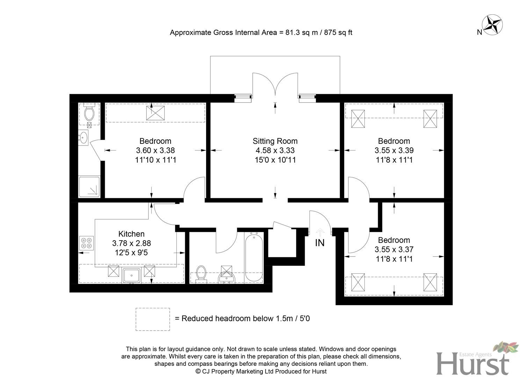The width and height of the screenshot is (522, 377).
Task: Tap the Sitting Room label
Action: click(x=275, y=141)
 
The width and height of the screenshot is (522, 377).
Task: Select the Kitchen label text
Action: click(x=131, y=234)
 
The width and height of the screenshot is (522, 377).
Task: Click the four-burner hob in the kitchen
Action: click(x=86, y=243)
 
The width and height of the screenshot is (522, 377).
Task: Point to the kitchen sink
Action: click(x=132, y=275)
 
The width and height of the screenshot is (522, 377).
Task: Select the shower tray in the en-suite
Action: click(x=89, y=187)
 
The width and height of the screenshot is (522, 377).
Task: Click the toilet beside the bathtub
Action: click(x=201, y=273)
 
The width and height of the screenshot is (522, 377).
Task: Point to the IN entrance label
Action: click(x=320, y=243)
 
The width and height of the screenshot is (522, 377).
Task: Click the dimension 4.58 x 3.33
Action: click(x=275, y=150)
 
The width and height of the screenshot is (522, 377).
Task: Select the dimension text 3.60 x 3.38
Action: click(x=155, y=150)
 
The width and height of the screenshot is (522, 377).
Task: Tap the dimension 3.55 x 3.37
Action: click(x=394, y=250)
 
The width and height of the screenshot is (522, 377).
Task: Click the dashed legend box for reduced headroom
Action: click(x=153, y=319)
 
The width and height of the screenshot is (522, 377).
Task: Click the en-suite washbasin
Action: click(x=83, y=138)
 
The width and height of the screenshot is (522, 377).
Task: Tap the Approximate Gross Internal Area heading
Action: click(x=261, y=32)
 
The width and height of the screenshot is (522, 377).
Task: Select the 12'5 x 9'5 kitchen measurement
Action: click(x=131, y=252)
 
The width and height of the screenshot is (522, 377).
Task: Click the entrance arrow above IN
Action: click(x=320, y=231)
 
